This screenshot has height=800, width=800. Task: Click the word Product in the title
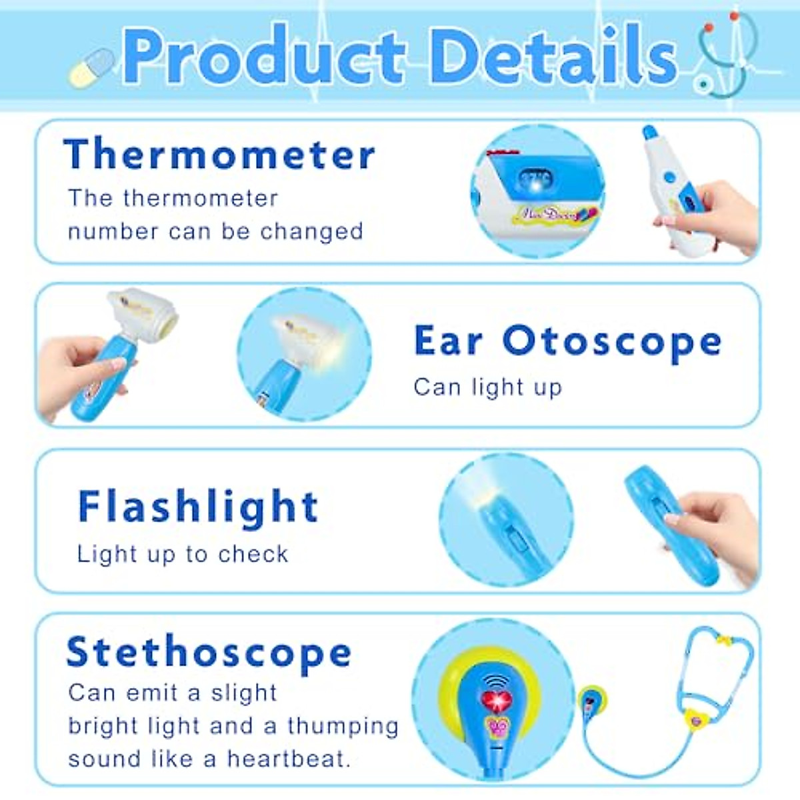263,57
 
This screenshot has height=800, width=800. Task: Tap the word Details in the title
553,57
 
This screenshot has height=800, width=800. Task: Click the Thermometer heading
219,155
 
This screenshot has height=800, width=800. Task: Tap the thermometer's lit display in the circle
535,179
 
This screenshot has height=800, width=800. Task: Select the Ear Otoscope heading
567,341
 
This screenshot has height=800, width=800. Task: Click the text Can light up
487,387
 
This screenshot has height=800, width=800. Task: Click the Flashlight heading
198,507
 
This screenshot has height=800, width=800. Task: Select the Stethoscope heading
209,652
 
